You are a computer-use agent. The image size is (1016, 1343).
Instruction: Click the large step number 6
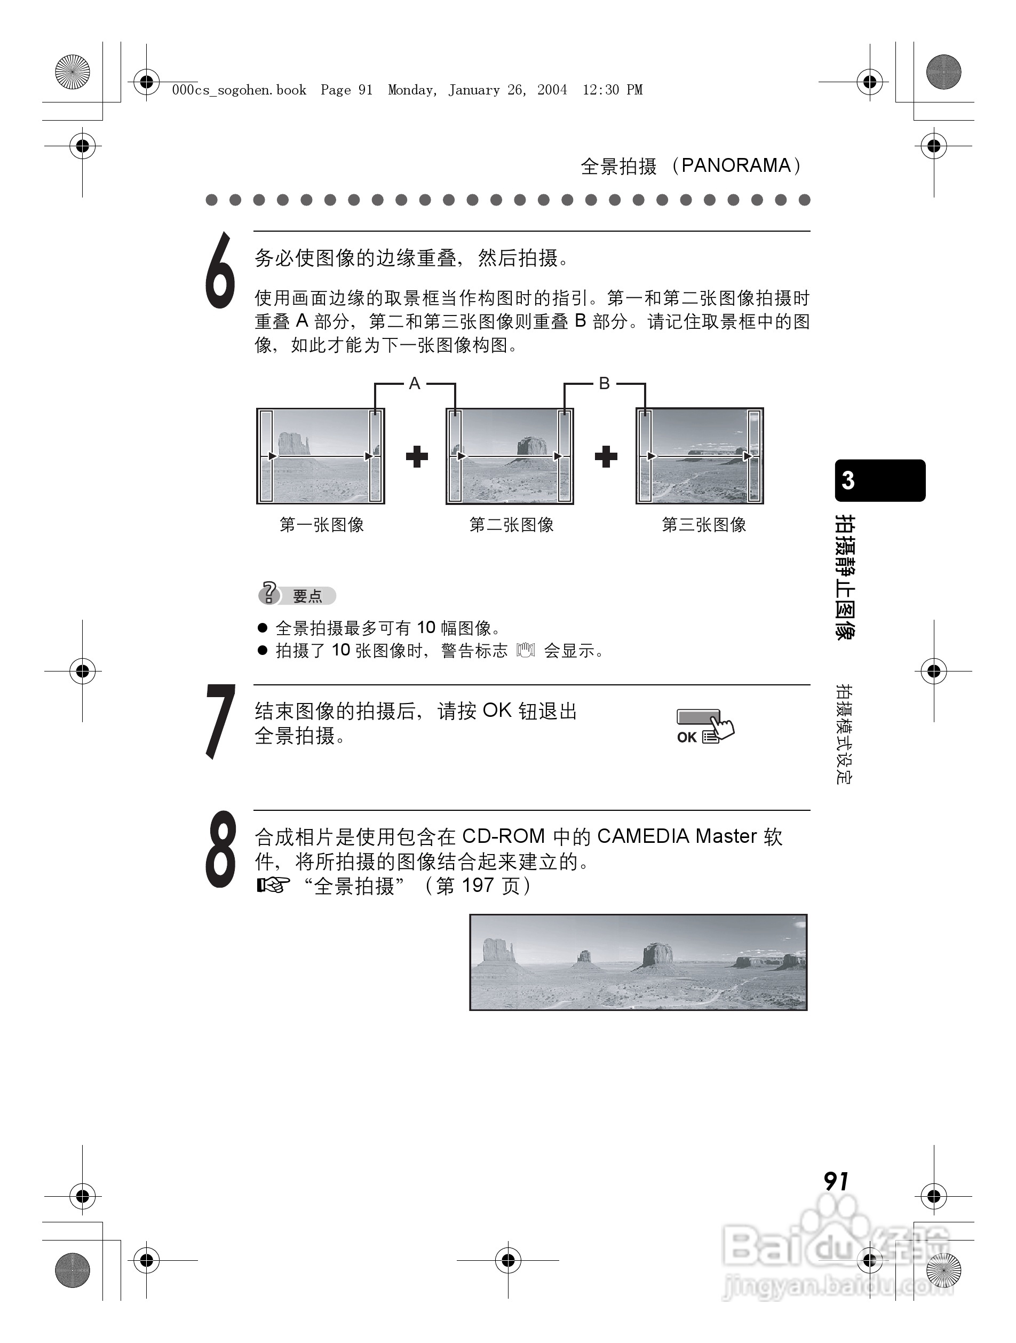(220, 271)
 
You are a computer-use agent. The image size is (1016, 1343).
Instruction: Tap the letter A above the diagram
(415, 383)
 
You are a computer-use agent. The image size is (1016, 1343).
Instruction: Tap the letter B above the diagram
(604, 383)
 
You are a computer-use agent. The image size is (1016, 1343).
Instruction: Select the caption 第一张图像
(321, 525)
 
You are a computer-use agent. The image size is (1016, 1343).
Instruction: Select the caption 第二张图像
(511, 525)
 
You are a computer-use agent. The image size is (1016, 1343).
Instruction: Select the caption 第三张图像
(703, 525)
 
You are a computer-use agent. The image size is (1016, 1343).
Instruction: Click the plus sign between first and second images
(416, 456)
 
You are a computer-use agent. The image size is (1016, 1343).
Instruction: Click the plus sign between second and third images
(605, 456)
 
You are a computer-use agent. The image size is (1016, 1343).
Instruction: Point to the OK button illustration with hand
(704, 725)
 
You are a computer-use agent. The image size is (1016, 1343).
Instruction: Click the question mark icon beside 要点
(269, 593)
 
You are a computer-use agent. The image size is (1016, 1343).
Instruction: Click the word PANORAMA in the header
(736, 165)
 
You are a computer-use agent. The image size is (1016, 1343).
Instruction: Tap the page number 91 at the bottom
(836, 1181)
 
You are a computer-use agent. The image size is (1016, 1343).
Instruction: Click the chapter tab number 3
(848, 480)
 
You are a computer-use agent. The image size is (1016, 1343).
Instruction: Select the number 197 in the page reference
(477, 885)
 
